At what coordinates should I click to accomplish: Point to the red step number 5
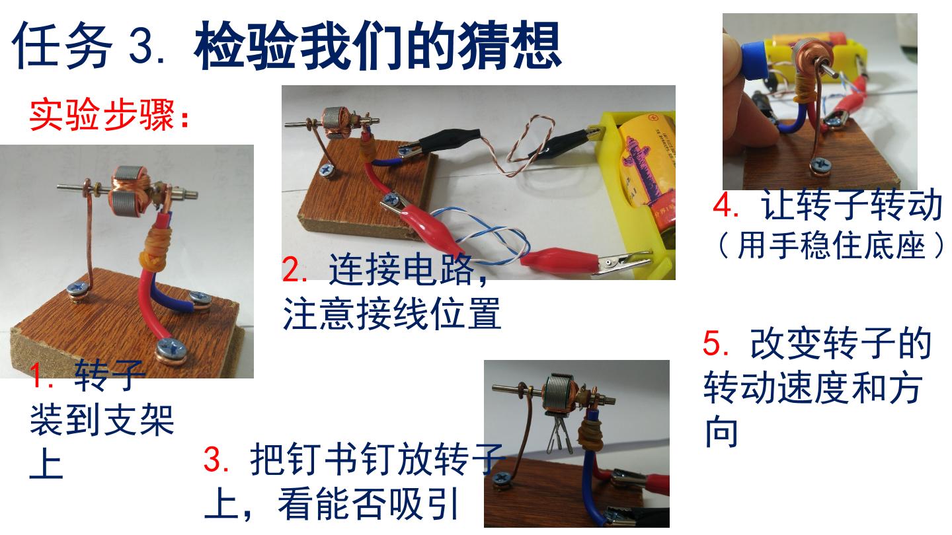(x=714, y=343)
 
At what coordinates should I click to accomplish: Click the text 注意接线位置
(x=392, y=314)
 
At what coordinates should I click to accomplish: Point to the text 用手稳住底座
(x=831, y=246)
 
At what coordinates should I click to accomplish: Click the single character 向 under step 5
(x=721, y=431)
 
